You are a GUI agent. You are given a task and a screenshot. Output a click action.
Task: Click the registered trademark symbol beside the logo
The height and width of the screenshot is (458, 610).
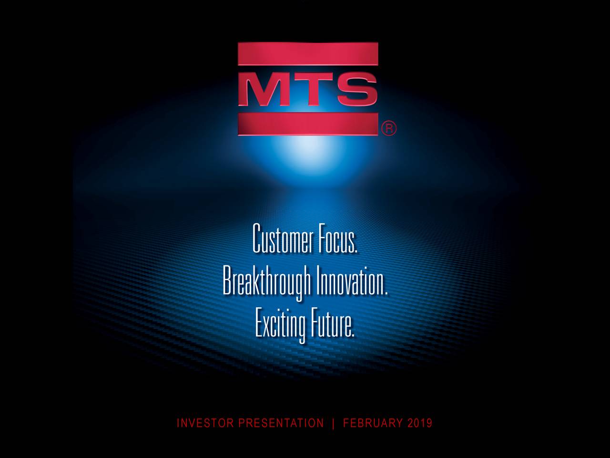pos(388,129)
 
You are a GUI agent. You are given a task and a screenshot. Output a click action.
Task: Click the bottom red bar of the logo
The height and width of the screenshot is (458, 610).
pos(308,123)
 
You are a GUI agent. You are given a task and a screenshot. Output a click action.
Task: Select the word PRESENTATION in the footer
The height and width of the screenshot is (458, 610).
pos(281,423)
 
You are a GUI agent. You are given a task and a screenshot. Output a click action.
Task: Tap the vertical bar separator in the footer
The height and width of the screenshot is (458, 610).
pos(333,423)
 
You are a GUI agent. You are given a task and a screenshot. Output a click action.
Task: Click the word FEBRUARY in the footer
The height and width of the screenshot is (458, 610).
pos(373,423)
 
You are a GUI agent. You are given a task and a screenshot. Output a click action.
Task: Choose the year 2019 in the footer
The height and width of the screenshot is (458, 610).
pos(420,423)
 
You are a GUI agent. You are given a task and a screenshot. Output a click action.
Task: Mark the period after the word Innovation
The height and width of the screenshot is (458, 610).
pos(386,291)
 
